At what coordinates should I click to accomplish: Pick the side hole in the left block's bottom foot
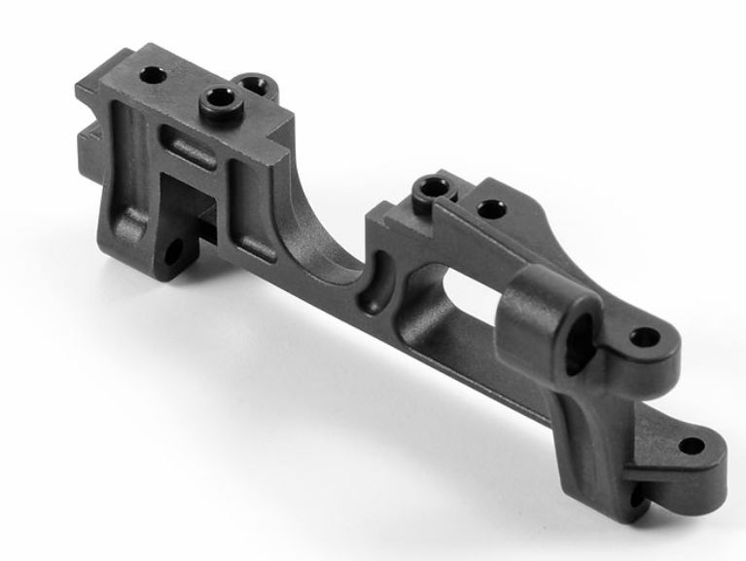coord(174,254)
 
